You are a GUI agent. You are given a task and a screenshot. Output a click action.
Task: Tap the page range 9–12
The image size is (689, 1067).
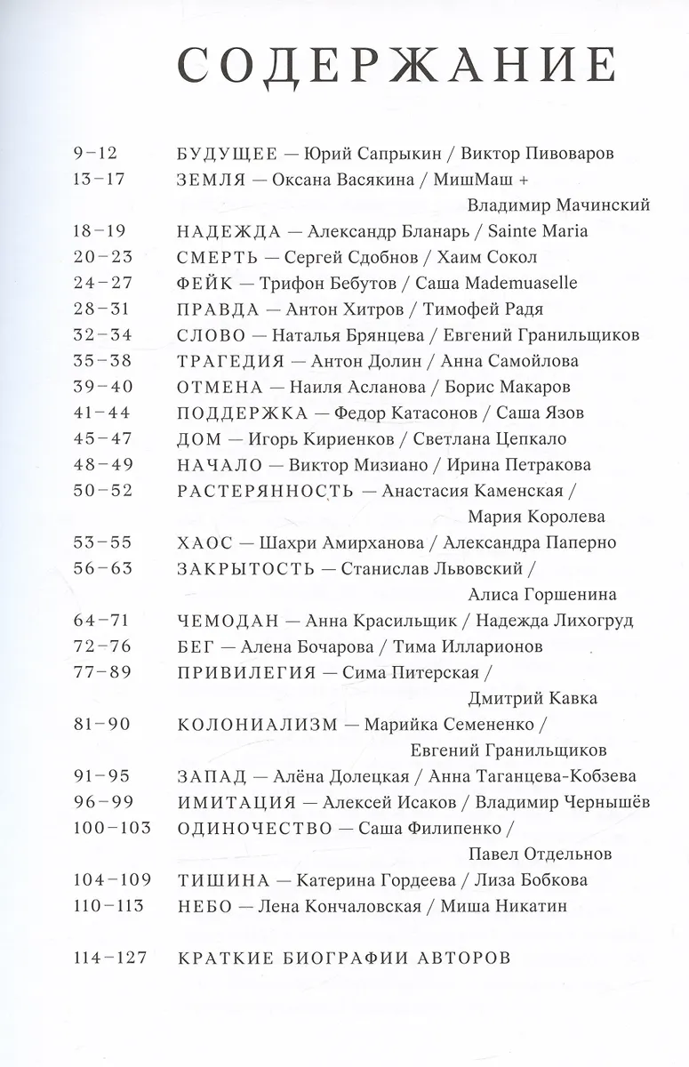(96, 153)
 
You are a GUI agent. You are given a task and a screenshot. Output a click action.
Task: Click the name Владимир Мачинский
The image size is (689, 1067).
(558, 205)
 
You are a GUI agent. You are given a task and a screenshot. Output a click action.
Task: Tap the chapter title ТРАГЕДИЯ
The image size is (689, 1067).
(230, 361)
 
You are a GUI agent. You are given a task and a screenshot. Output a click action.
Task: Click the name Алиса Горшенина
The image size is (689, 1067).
(541, 594)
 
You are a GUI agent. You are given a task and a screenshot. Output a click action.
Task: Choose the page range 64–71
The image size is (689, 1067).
(100, 620)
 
